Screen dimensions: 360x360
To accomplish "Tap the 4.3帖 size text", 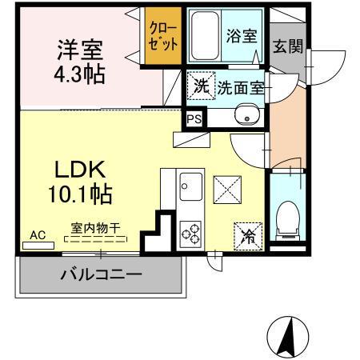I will [79, 76].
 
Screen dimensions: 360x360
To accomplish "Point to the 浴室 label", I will [241, 35].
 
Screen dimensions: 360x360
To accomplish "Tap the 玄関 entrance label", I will [286, 46].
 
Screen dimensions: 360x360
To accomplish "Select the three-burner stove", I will [192, 232].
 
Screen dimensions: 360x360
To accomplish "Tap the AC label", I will [37, 235].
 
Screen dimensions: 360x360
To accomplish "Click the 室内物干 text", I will [101, 229].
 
